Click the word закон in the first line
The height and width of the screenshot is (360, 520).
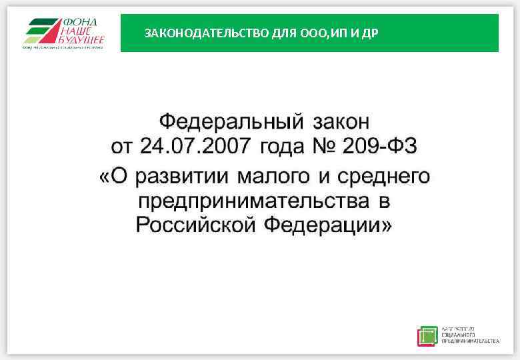click(x=341, y=123)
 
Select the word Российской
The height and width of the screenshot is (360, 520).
click(x=196, y=225)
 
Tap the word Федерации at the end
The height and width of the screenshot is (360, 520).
click(x=328, y=225)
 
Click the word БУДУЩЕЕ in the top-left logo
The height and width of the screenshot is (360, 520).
click(x=81, y=39)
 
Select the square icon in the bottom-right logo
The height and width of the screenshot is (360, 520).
click(x=427, y=335)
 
